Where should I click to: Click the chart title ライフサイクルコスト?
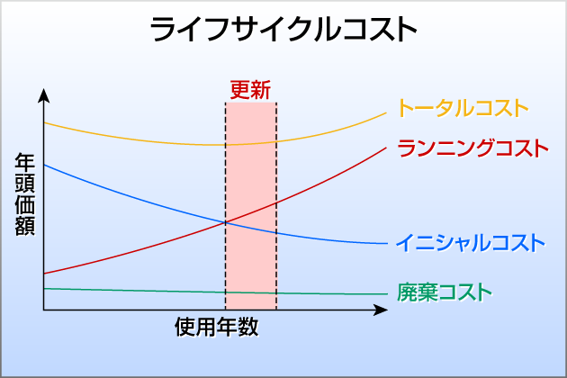click(x=283, y=30)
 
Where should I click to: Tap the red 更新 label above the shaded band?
click(x=250, y=90)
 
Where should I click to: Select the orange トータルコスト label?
click(x=463, y=108)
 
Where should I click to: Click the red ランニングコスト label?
click(x=473, y=148)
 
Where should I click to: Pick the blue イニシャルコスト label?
click(x=471, y=243)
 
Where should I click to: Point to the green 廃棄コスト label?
click(x=445, y=292)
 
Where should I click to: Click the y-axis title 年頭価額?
click(x=25, y=194)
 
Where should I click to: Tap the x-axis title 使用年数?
click(x=217, y=327)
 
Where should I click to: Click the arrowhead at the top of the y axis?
click(x=44, y=95)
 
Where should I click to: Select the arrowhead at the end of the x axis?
click(x=381, y=310)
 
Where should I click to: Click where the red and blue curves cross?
click(x=226, y=222)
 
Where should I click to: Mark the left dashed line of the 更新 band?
click(x=226, y=206)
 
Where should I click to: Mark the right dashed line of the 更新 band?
click(x=276, y=206)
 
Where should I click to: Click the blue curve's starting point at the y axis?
click(x=44, y=165)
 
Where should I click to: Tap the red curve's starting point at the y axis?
click(x=44, y=274)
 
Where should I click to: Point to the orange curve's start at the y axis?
click(x=44, y=123)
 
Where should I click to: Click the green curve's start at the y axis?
click(x=44, y=289)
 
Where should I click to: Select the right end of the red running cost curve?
click(x=386, y=148)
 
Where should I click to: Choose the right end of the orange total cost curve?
click(x=386, y=113)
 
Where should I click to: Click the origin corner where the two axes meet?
click(x=44, y=310)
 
